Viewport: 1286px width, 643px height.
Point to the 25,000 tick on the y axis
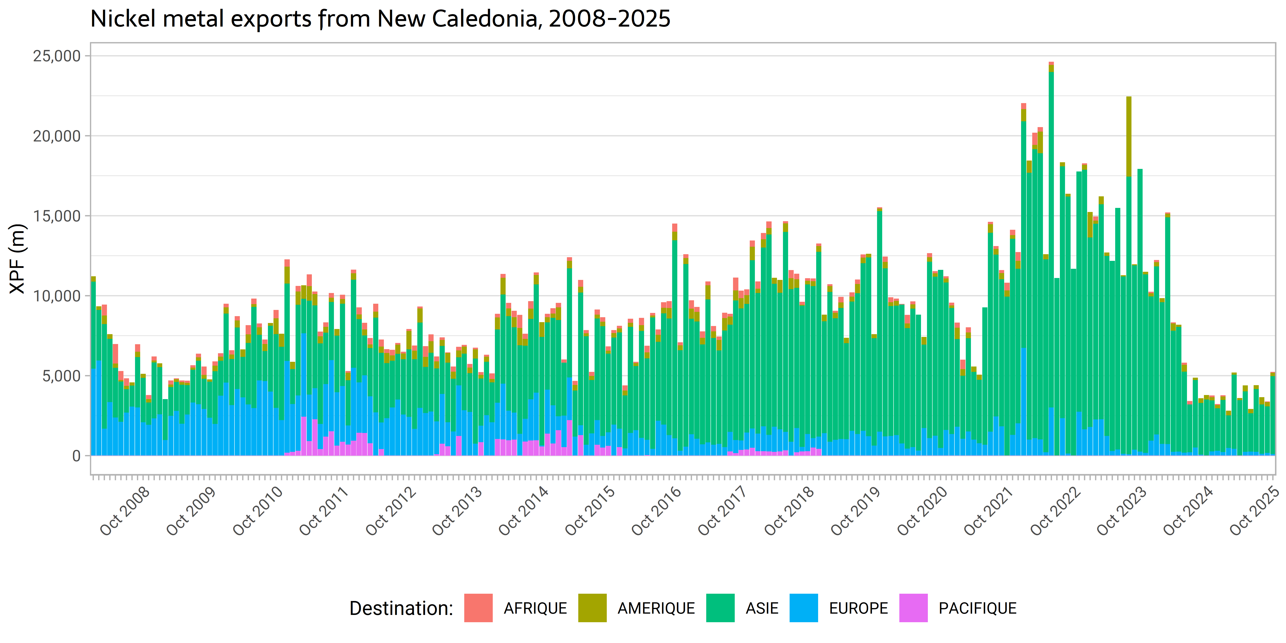(x=56, y=56)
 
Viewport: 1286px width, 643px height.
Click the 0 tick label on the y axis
(x=76, y=456)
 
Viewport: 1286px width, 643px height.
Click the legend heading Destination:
(x=401, y=608)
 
